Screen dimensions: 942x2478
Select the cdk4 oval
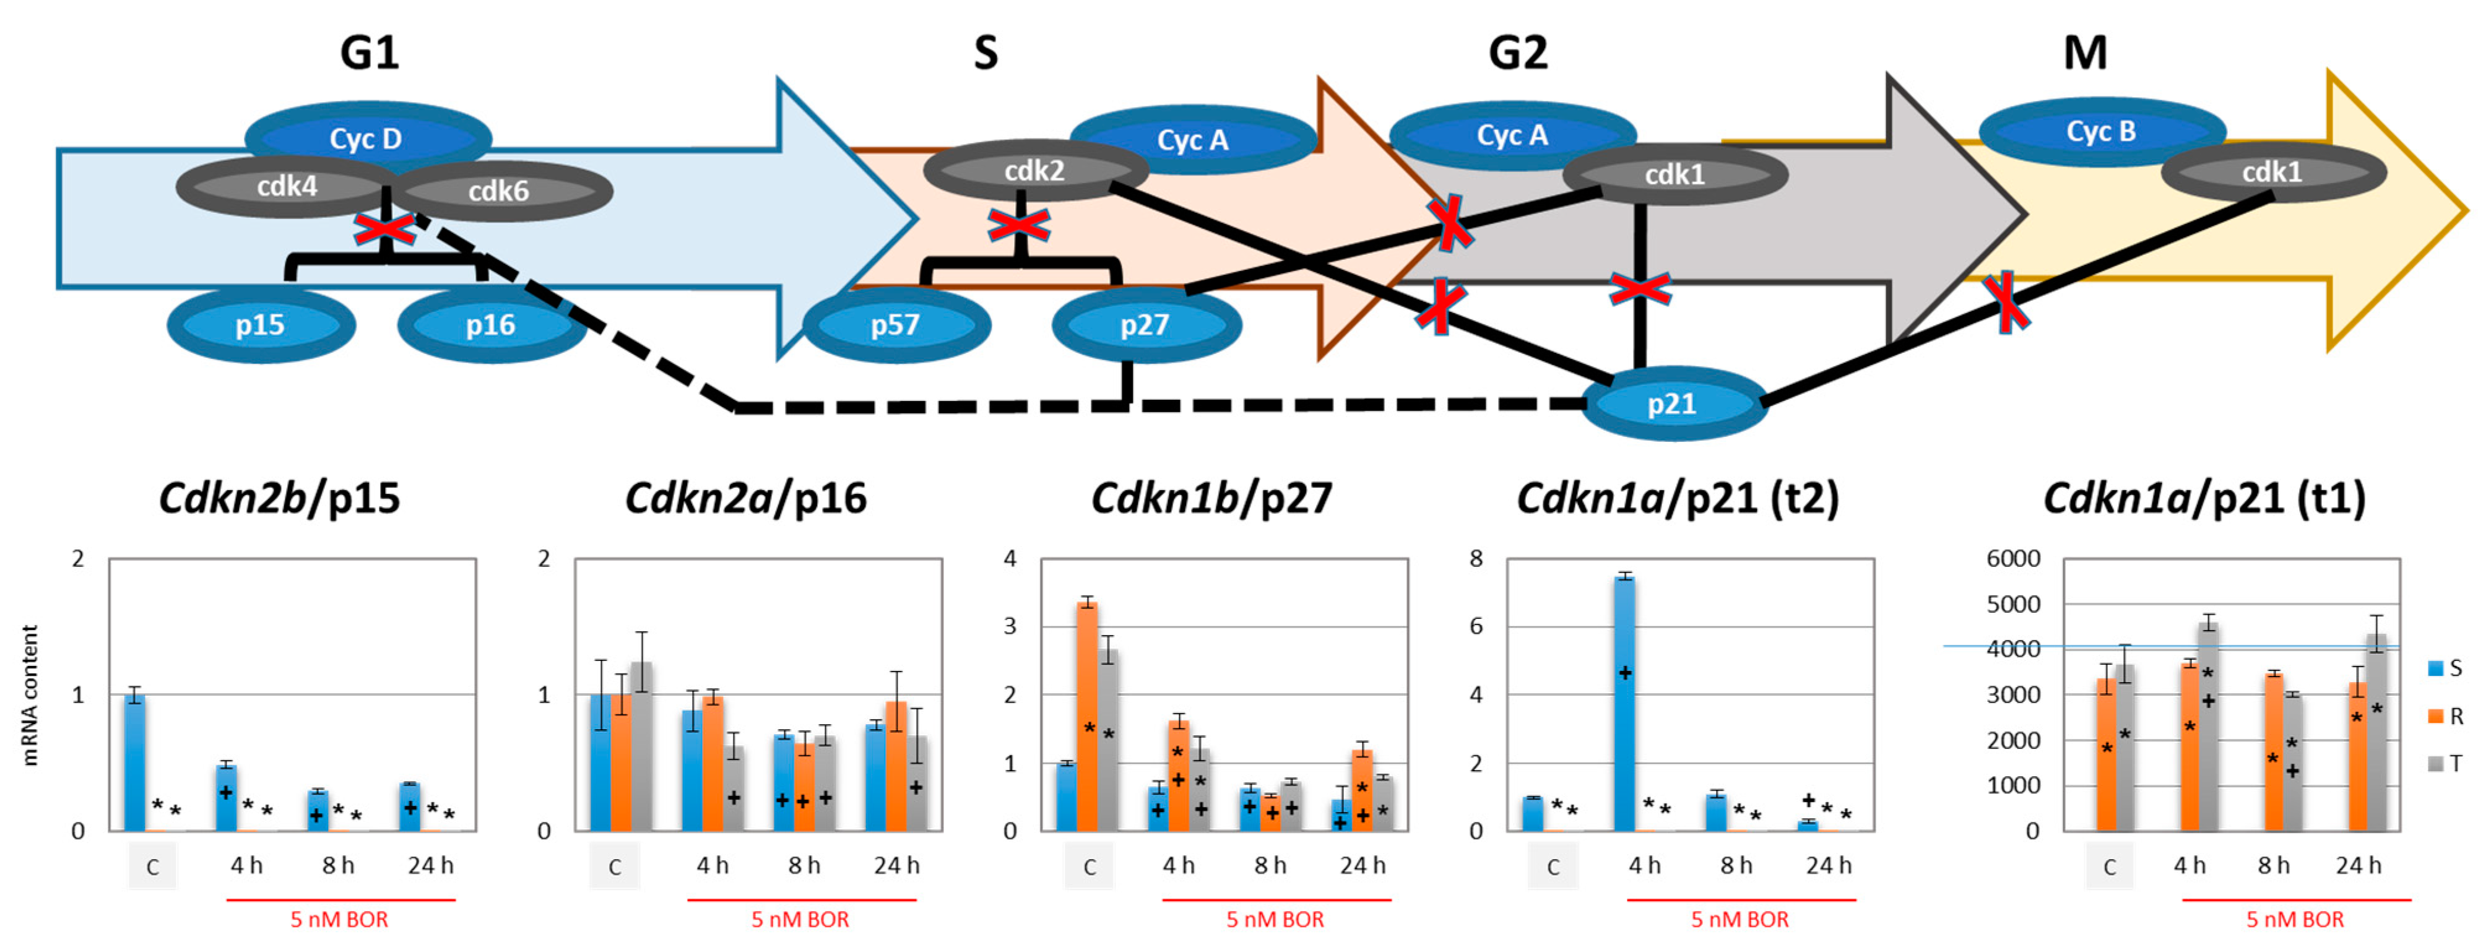coord(286,186)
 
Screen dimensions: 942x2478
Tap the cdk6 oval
coord(498,191)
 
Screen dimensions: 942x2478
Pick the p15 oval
coord(261,325)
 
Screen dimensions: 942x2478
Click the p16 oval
coord(492,325)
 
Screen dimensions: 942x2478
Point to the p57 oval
coord(896,325)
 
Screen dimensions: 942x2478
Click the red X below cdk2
coord(1019,226)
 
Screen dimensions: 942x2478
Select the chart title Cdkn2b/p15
coord(279,498)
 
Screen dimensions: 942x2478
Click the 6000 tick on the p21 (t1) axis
coord(2013,559)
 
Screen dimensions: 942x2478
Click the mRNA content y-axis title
coord(31,694)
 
